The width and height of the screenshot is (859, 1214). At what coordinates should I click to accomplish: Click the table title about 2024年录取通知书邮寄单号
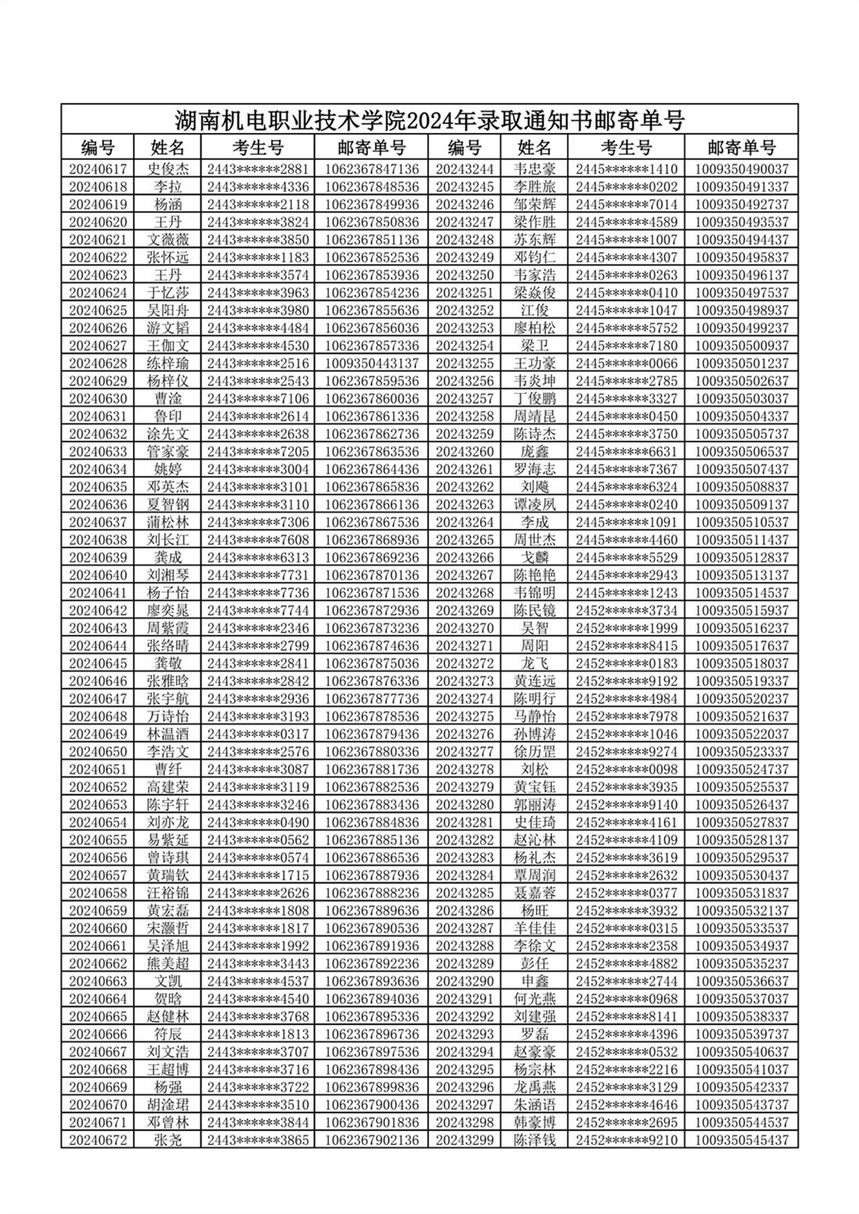pos(429,120)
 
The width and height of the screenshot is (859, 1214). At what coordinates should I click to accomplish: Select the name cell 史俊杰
pos(168,169)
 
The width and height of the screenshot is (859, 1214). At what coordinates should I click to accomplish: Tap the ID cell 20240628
pos(98,363)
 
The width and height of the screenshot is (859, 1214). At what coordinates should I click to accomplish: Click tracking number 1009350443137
pos(372,363)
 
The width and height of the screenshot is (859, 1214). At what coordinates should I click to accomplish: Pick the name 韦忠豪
pos(535,169)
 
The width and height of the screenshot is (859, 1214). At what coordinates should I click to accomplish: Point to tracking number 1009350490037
pos(741,169)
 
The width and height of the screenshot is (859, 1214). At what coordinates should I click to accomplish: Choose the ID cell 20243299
pos(465,1140)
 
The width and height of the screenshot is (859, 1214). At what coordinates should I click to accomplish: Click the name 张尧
pos(168,1140)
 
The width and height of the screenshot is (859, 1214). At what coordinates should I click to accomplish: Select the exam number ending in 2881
pos(258,169)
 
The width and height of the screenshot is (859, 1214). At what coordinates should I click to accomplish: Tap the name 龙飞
pos(535,663)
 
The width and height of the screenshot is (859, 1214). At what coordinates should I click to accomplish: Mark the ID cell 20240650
pos(98,752)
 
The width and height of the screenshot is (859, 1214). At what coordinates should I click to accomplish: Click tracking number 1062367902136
pos(372,1140)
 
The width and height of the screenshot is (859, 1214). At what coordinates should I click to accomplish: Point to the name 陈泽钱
pos(535,1140)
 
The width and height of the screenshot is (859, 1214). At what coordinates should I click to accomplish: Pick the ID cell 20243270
pos(465,628)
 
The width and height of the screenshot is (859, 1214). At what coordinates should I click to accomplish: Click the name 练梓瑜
pos(168,363)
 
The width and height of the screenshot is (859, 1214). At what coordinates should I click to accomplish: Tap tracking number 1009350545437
pos(741,1140)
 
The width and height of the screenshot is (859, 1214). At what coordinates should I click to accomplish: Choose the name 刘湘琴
pos(168,575)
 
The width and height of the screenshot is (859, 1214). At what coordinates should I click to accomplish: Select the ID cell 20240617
pos(98,169)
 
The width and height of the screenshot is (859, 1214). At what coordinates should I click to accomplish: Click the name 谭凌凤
pos(535,505)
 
